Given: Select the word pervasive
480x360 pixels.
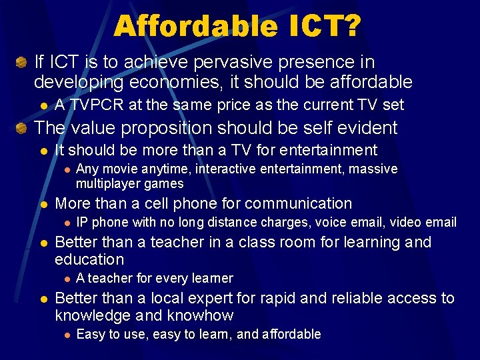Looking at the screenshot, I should click(231, 62).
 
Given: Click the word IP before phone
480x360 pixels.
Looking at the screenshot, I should click(82, 222).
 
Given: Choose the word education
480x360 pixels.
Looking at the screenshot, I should click(89, 259).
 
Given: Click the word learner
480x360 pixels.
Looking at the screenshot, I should click(211, 278).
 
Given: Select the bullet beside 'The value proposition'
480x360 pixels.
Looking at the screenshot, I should click(21, 128).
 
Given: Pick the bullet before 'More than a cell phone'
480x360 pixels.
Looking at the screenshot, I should click(43, 204).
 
